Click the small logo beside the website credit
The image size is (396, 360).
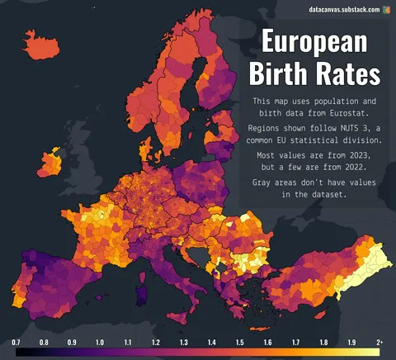[x=386, y=9]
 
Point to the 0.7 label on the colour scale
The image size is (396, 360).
[x=16, y=342]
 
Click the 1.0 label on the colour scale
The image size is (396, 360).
[x=100, y=342]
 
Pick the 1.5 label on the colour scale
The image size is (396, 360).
[x=239, y=342]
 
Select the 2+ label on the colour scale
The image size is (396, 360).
[x=379, y=342]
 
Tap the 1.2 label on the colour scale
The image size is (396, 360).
[x=156, y=342]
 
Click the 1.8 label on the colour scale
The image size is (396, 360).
[x=323, y=342]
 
